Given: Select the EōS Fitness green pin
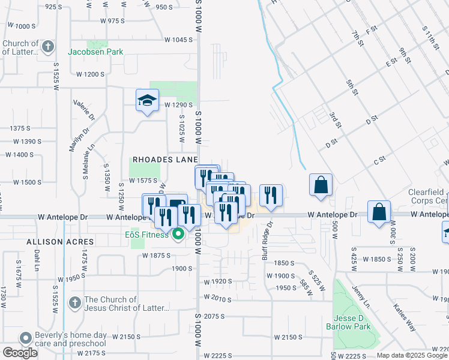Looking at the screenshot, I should [x=178, y=234].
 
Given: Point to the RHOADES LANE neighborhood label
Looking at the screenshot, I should [x=165, y=159].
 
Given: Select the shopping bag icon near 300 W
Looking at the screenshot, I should [x=379, y=212].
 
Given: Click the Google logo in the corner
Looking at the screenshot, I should [x=19, y=353].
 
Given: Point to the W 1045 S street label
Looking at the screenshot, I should [x=178, y=40].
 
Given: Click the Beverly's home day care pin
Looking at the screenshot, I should [x=25, y=338].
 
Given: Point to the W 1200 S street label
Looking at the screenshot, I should [x=90, y=74].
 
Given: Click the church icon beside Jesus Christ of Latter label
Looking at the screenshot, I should [x=75, y=302].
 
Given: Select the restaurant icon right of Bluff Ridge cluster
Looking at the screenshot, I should [x=271, y=196].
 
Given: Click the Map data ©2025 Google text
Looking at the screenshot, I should [x=412, y=355].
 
